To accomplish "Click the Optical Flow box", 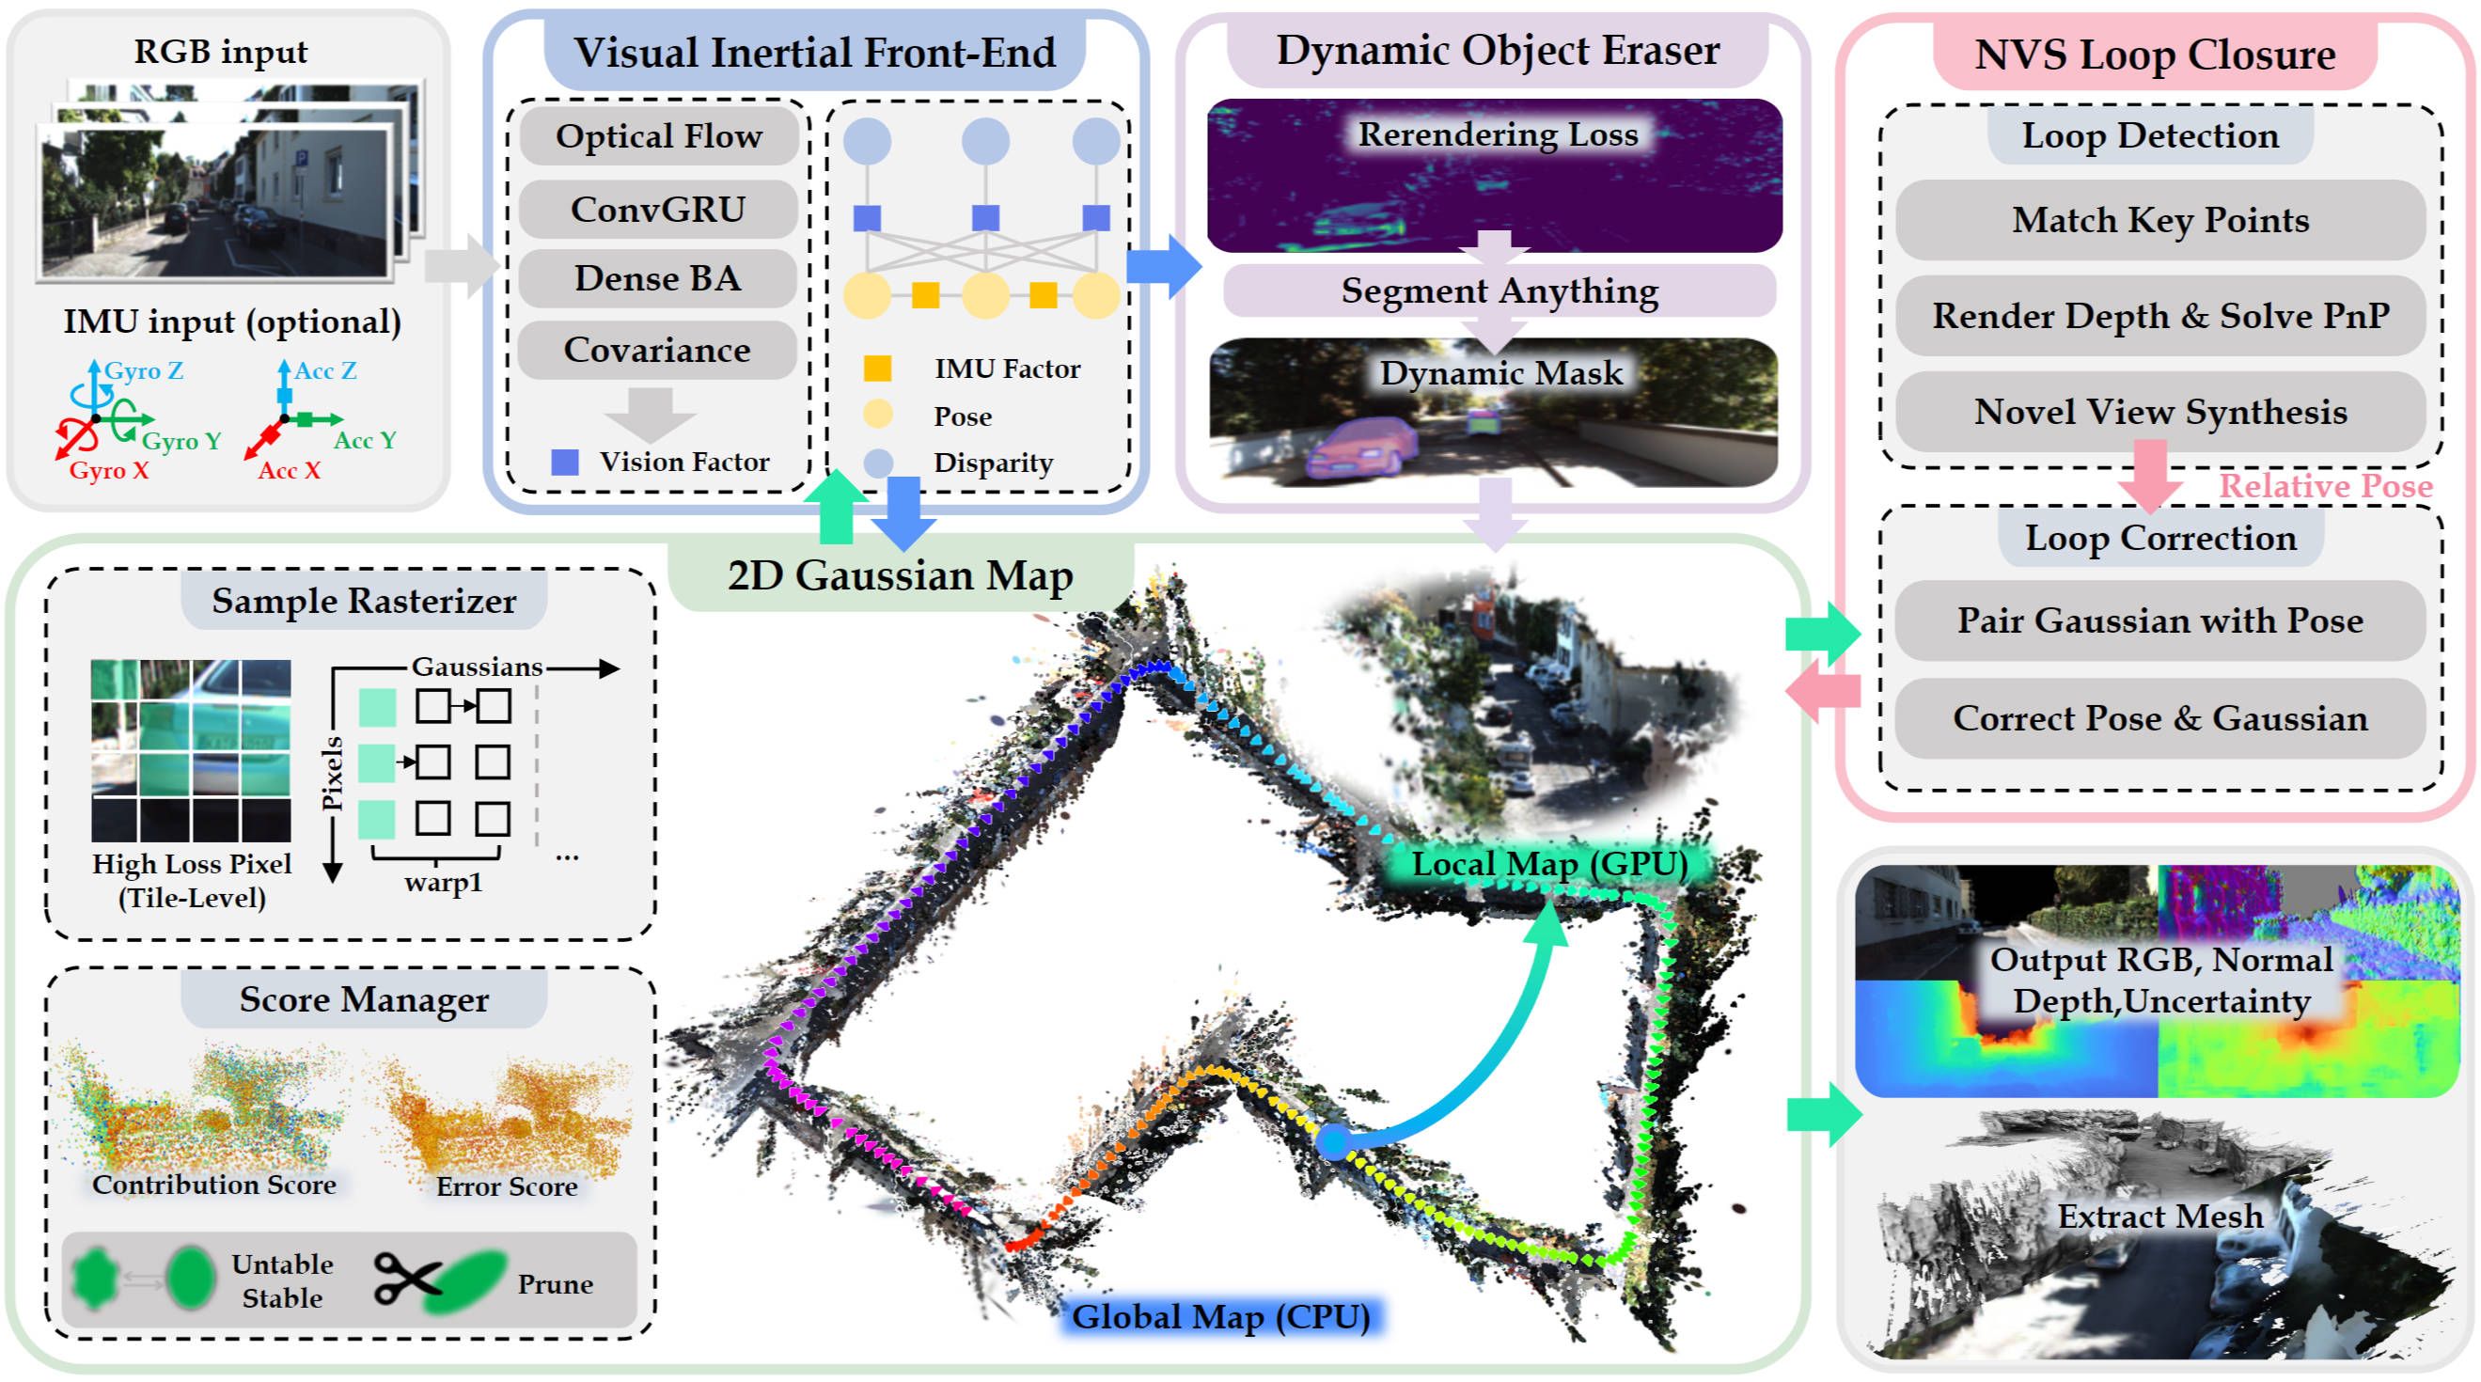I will click(x=658, y=135).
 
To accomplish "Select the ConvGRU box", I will click(x=658, y=209).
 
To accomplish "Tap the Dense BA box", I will click(x=658, y=278).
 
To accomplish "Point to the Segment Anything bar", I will click(x=1499, y=291).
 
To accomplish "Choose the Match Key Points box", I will click(x=2159, y=221).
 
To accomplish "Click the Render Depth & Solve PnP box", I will click(x=2159, y=316).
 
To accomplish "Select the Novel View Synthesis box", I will click(x=2159, y=412).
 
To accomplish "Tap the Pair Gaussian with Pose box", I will click(x=2159, y=620).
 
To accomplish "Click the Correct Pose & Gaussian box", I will click(x=2159, y=718).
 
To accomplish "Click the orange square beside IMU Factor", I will click(x=876, y=368).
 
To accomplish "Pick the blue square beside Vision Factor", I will click(x=564, y=463).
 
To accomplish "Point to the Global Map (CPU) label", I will click(x=1220, y=1316).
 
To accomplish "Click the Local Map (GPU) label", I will click(x=1548, y=864).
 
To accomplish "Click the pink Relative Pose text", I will click(x=2325, y=486).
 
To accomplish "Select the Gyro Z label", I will click(x=144, y=370).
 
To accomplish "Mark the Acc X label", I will click(x=288, y=471).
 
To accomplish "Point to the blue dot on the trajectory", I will click(x=1332, y=1141).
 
